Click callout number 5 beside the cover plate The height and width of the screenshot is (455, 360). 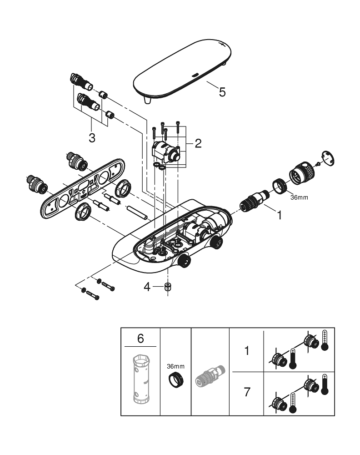pos(222,91)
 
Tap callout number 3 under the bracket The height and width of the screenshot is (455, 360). pos(92,137)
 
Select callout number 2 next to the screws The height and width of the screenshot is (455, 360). pos(198,144)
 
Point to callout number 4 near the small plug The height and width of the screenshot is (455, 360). pos(147,287)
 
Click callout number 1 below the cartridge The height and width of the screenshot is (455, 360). pos(279,215)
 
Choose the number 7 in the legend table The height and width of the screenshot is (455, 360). pos(246,391)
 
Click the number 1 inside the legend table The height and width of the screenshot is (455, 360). pos(246,351)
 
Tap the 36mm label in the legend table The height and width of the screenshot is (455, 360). pos(175,366)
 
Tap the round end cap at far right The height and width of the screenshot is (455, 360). pos(327,158)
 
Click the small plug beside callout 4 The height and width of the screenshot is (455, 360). pos(168,287)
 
